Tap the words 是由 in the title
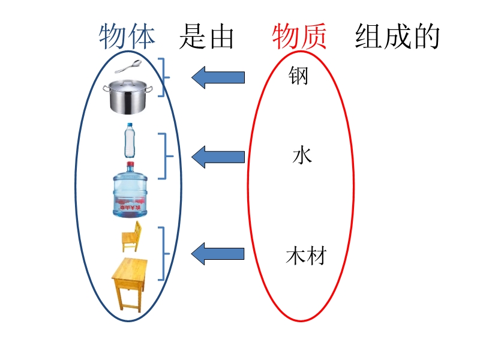point(206,37)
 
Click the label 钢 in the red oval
point(298,76)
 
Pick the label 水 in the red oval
point(302,156)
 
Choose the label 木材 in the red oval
point(306,256)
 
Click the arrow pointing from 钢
point(218,77)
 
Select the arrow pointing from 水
point(218,157)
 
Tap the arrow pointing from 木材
point(218,254)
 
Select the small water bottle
point(130,139)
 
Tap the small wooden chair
point(131,236)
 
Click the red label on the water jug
point(130,208)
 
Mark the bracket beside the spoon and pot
point(164,77)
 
